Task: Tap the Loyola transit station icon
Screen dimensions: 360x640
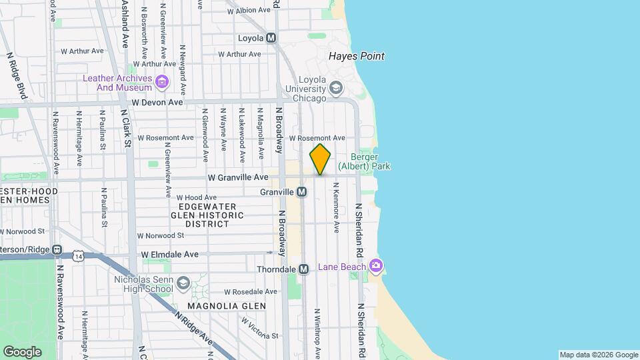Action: pos(271,38)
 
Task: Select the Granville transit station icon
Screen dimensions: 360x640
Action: pos(302,192)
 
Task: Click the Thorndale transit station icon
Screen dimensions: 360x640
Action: pos(303,269)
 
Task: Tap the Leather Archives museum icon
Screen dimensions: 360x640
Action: pos(161,83)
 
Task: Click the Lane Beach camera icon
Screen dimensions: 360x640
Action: pos(376,267)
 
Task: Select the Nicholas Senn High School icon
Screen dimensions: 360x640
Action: pos(183,285)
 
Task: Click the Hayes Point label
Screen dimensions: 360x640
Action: pos(357,57)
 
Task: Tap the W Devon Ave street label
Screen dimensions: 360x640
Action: pos(157,103)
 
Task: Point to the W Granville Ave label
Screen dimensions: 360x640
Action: pos(238,178)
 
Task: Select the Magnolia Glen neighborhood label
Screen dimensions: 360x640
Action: pos(226,306)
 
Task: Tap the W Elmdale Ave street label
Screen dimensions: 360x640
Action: pos(170,254)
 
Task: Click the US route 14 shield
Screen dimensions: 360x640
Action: pos(79,256)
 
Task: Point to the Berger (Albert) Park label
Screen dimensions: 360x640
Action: pos(364,162)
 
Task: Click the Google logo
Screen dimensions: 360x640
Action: pos(22,351)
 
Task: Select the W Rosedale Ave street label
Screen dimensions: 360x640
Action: pos(250,292)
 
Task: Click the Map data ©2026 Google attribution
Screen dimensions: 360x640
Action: pos(599,355)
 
